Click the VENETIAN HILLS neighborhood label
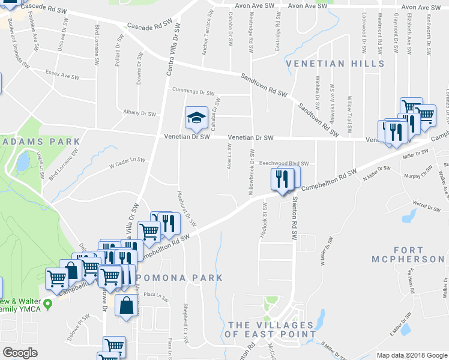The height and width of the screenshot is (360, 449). [335, 64]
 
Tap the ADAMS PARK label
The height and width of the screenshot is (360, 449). [40, 142]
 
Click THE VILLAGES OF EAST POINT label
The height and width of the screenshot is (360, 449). [271, 329]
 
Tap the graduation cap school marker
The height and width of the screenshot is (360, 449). [196, 118]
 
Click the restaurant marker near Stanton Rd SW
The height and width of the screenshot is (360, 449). [281, 178]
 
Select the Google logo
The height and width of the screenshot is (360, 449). [21, 352]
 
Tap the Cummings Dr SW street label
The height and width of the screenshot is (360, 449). [193, 92]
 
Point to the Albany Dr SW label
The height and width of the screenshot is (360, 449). [139, 113]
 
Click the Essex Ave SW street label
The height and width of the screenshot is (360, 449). [62, 77]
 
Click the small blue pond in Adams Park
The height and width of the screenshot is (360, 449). [23, 161]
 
